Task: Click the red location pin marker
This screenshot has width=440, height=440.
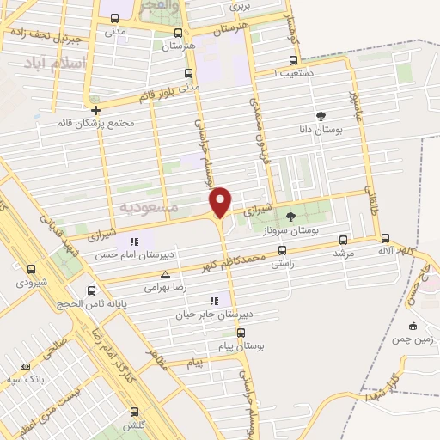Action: pyautogui.click(x=222, y=201)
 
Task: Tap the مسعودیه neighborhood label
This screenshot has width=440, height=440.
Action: pyautogui.click(x=149, y=207)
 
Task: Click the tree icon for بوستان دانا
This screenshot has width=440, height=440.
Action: pyautogui.click(x=321, y=116)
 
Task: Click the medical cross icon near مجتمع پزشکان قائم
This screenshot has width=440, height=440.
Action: pyautogui.click(x=95, y=110)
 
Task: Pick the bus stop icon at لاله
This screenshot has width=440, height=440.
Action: pyautogui.click(x=384, y=239)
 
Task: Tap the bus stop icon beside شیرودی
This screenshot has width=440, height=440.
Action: pyautogui.click(x=31, y=269)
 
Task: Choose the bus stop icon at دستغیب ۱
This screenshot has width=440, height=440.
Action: pyautogui.click(x=294, y=60)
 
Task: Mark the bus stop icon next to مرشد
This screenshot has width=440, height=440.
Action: pyautogui.click(x=344, y=240)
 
